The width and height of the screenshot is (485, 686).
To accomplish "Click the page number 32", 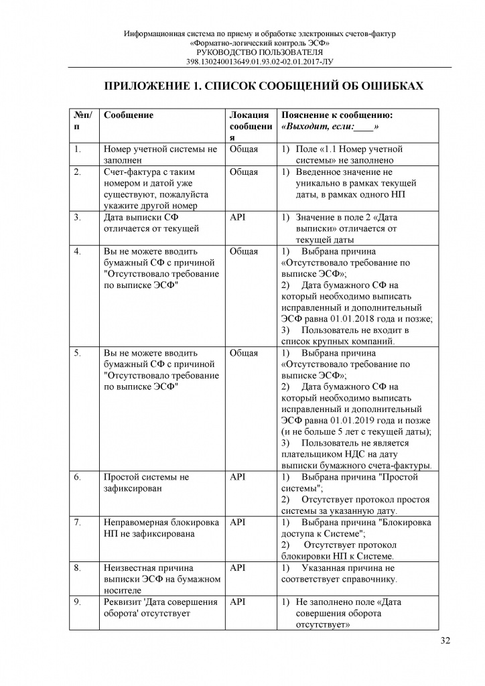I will (x=445, y=640).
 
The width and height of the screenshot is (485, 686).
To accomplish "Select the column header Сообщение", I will (x=129, y=115).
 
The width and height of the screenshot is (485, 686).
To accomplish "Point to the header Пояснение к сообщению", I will (x=337, y=115).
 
